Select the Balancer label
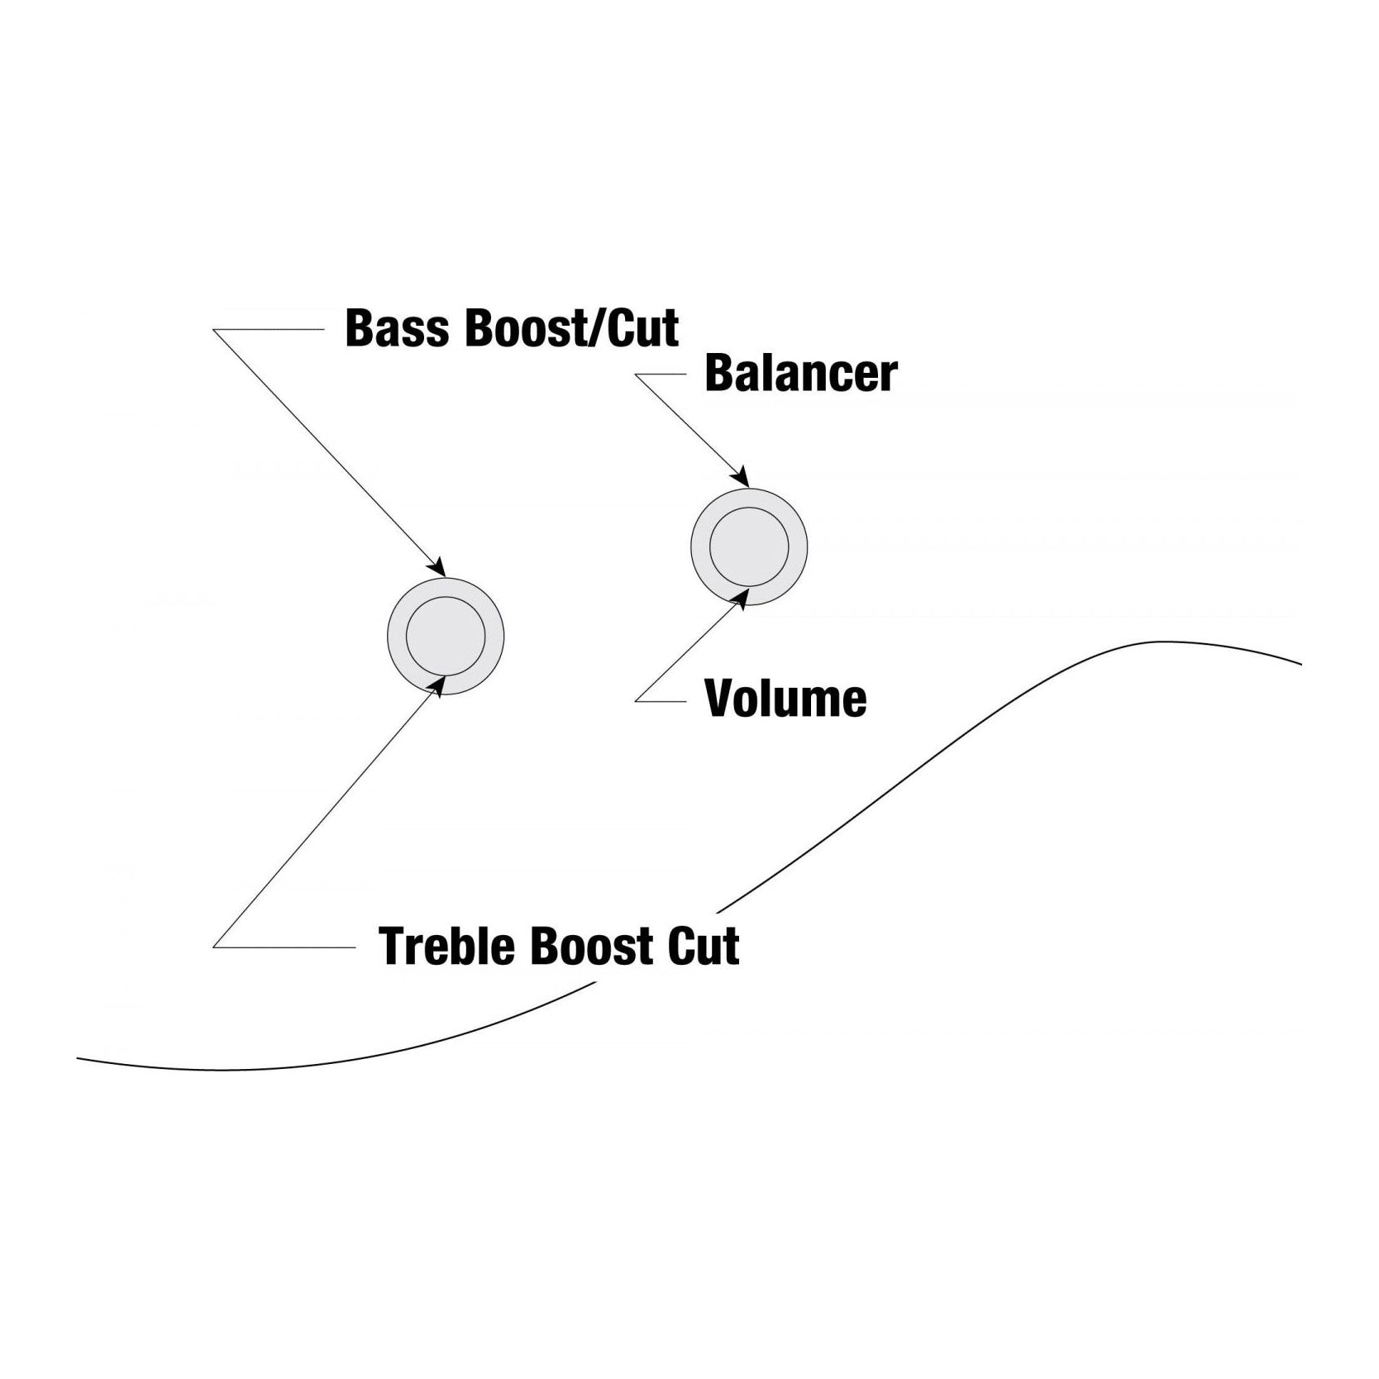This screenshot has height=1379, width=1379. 800,374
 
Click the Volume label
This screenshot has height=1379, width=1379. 785,699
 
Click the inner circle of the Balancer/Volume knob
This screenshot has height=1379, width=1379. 749,546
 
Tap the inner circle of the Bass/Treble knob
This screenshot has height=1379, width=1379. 446,636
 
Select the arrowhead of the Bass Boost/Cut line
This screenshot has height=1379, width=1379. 438,569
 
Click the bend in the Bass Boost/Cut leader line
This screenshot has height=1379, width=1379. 214,330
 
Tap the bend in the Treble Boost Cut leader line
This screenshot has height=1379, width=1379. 214,947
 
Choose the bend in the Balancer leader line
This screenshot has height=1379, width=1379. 636,375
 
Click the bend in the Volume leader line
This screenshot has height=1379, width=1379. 636,701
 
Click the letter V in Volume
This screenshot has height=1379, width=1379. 719,699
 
